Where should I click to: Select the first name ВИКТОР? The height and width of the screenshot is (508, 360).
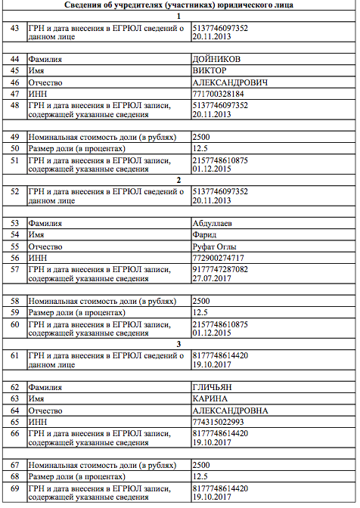coord(209,70)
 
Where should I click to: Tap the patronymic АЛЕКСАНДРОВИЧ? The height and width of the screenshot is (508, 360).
coord(230,82)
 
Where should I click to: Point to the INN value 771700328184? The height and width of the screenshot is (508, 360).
coord(219,93)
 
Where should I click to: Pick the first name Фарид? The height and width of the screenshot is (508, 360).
coord(205,235)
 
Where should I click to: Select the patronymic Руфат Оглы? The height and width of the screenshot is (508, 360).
coord(216,246)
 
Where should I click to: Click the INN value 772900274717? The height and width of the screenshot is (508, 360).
coord(219,258)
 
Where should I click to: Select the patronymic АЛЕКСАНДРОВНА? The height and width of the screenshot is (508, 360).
coord(231,410)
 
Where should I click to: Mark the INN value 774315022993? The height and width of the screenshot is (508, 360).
coord(219,422)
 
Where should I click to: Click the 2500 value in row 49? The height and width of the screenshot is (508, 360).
coord(201,137)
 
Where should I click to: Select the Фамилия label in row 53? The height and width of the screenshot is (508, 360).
coord(45,224)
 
